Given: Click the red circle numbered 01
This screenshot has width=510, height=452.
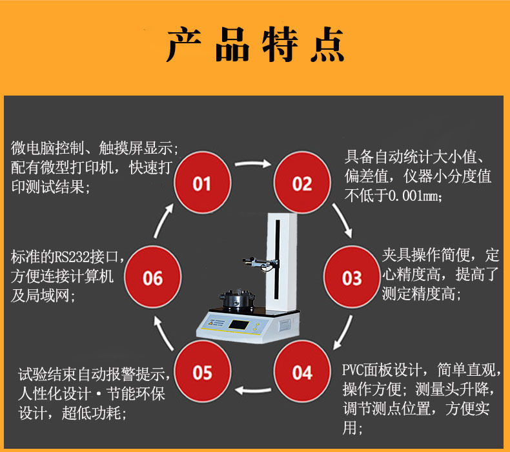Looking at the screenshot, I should pos(201,184).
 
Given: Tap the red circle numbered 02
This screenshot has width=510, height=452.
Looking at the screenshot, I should pos(301,184).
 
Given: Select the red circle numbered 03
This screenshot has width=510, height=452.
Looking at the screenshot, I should pos(351,278).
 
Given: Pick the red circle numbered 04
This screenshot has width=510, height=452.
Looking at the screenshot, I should pos(301,373).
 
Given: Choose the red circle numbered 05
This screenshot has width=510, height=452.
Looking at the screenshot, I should pos(201,373).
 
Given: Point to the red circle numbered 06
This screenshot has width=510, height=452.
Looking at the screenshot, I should pos(152,278).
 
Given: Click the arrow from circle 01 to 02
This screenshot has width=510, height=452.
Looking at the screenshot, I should pos(252,164).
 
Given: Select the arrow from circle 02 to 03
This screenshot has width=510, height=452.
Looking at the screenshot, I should pos(343,220).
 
